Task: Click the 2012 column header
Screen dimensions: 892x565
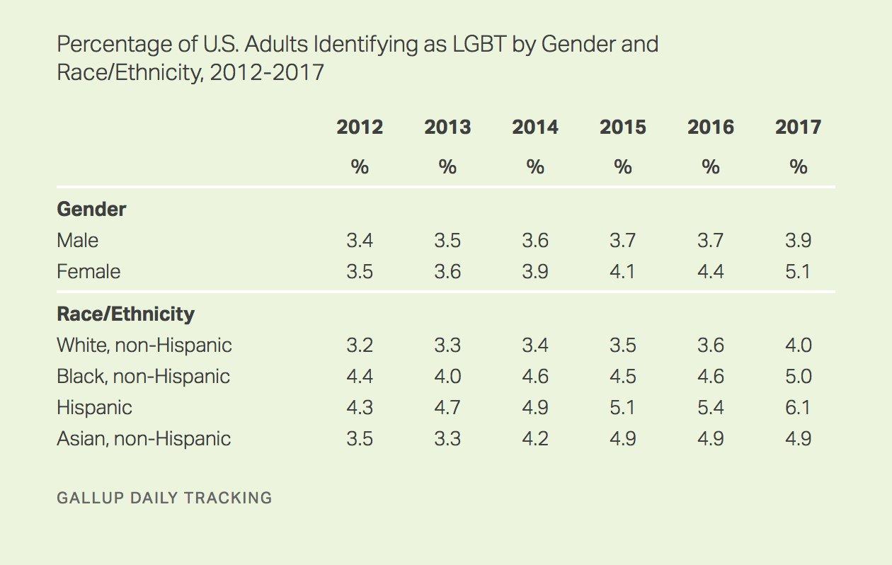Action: pos(360,127)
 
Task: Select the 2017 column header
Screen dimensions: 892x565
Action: pos(798,127)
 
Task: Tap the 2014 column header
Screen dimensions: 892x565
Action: pos(535,127)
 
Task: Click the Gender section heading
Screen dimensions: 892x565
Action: pos(91,209)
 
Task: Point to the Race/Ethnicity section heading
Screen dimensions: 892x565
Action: pos(126,314)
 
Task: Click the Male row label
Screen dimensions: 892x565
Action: pos(78,241)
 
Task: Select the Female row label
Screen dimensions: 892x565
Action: pos(88,272)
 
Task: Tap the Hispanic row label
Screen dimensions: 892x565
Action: pos(94,408)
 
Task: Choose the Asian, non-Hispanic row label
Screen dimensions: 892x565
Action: pos(144,439)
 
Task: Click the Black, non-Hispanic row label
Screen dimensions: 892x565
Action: pos(143,376)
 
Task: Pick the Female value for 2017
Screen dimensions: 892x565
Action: pos(798,272)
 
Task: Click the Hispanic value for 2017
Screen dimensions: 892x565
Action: pos(798,408)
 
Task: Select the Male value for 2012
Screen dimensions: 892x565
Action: pos(360,241)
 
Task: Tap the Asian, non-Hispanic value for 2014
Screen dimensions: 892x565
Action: pos(535,439)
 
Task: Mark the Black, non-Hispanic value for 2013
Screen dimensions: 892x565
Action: pos(447,376)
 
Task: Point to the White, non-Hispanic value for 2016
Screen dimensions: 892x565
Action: pos(711,346)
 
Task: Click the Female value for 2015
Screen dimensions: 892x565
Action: pos(623,272)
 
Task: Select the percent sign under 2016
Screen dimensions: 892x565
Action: pos(711,167)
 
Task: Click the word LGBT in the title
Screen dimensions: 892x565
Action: pos(479,44)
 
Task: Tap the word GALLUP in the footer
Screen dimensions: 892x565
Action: pos(91,498)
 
